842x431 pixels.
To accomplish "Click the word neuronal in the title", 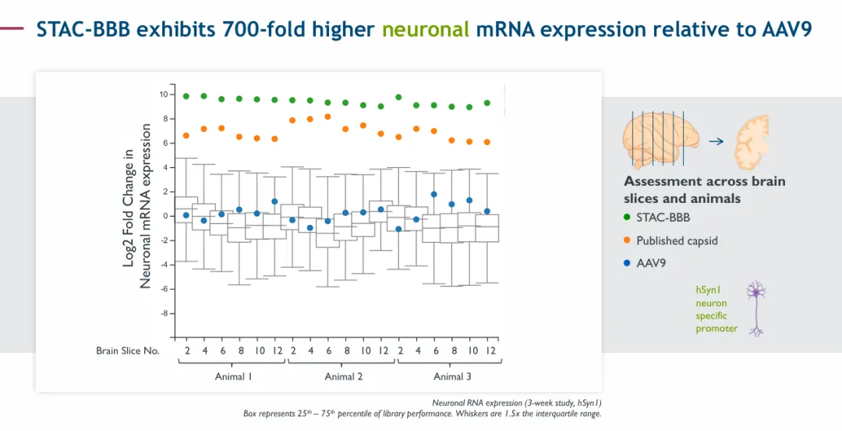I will coord(426,30).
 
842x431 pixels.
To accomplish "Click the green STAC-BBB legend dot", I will coord(628,218).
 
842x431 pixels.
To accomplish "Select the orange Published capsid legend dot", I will coord(628,240).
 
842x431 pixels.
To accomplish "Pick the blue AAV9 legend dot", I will coord(628,263).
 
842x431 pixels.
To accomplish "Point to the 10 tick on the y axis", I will coord(164,94).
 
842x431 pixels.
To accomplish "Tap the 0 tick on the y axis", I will coord(165,216).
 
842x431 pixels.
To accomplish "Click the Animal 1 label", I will coord(234,376).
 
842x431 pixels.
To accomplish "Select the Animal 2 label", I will coord(344,376).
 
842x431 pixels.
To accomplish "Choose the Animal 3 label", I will coord(453,376).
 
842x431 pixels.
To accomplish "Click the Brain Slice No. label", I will coord(128,351).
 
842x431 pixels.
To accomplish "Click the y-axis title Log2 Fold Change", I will coord(130,207).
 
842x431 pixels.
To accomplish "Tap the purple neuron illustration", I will coord(755,308).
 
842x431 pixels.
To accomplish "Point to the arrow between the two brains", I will coord(716,141).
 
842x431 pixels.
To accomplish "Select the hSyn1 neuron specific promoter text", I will coord(716,309).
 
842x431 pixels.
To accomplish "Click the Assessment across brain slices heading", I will coord(704,190).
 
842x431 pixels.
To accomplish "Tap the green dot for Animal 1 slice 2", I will coord(186,96).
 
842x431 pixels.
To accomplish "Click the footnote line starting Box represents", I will coord(422,414).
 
